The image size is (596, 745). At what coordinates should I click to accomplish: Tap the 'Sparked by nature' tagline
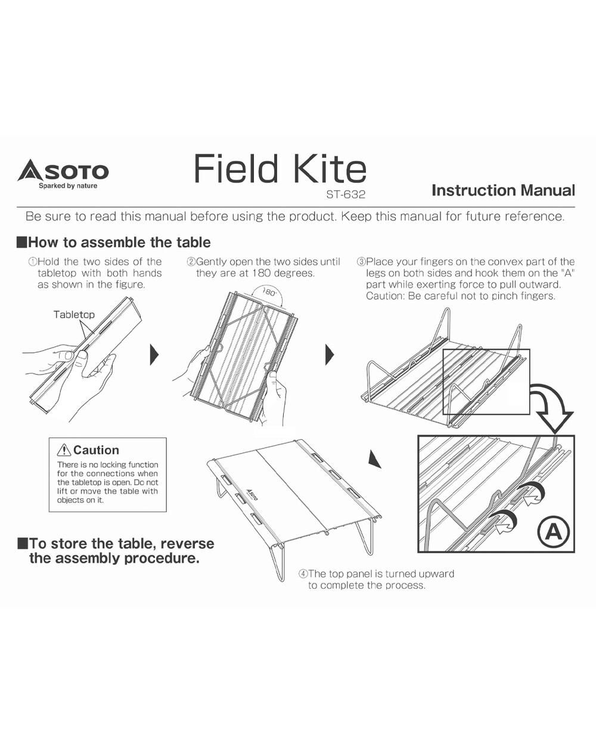click(x=68, y=186)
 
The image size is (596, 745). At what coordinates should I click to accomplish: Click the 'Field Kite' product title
click(x=280, y=169)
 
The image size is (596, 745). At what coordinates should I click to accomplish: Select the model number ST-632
click(x=346, y=194)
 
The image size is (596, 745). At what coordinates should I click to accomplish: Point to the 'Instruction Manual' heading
click(x=503, y=190)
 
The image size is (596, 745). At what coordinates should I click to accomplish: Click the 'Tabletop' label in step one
click(x=74, y=314)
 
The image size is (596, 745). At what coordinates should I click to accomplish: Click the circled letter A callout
click(x=554, y=532)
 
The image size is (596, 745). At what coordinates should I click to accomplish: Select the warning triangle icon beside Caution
click(x=64, y=451)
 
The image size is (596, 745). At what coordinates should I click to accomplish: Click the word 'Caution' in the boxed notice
click(x=97, y=450)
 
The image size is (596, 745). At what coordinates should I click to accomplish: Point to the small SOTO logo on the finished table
click(x=252, y=494)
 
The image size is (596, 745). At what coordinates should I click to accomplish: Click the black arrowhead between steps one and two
click(x=154, y=355)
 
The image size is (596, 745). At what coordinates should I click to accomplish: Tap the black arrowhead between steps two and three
click(x=330, y=355)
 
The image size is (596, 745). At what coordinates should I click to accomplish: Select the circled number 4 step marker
click(x=303, y=573)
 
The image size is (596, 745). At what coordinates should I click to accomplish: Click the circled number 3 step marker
click(x=361, y=262)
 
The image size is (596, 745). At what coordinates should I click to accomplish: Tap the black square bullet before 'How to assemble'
click(x=22, y=243)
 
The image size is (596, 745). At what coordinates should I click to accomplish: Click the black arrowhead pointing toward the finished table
click(x=375, y=459)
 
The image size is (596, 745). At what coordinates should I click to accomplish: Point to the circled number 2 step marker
click(x=191, y=262)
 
